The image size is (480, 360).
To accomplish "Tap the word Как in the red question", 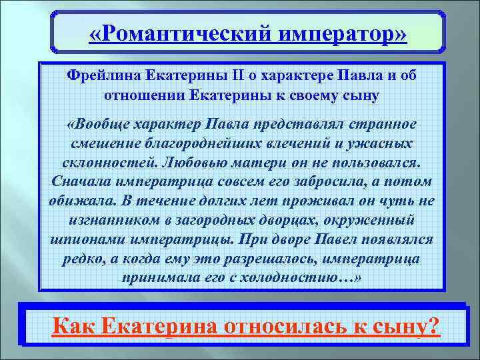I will (x=75, y=326).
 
